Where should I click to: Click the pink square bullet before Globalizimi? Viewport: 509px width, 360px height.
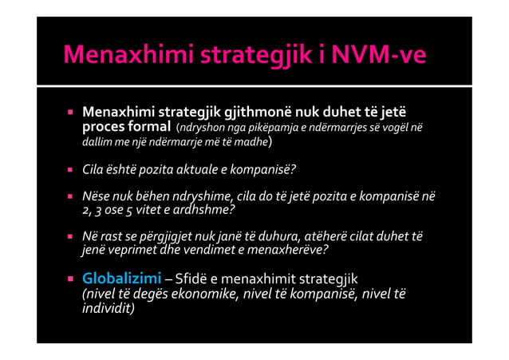point(70,279)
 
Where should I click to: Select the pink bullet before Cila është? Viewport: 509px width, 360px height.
point(70,169)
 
